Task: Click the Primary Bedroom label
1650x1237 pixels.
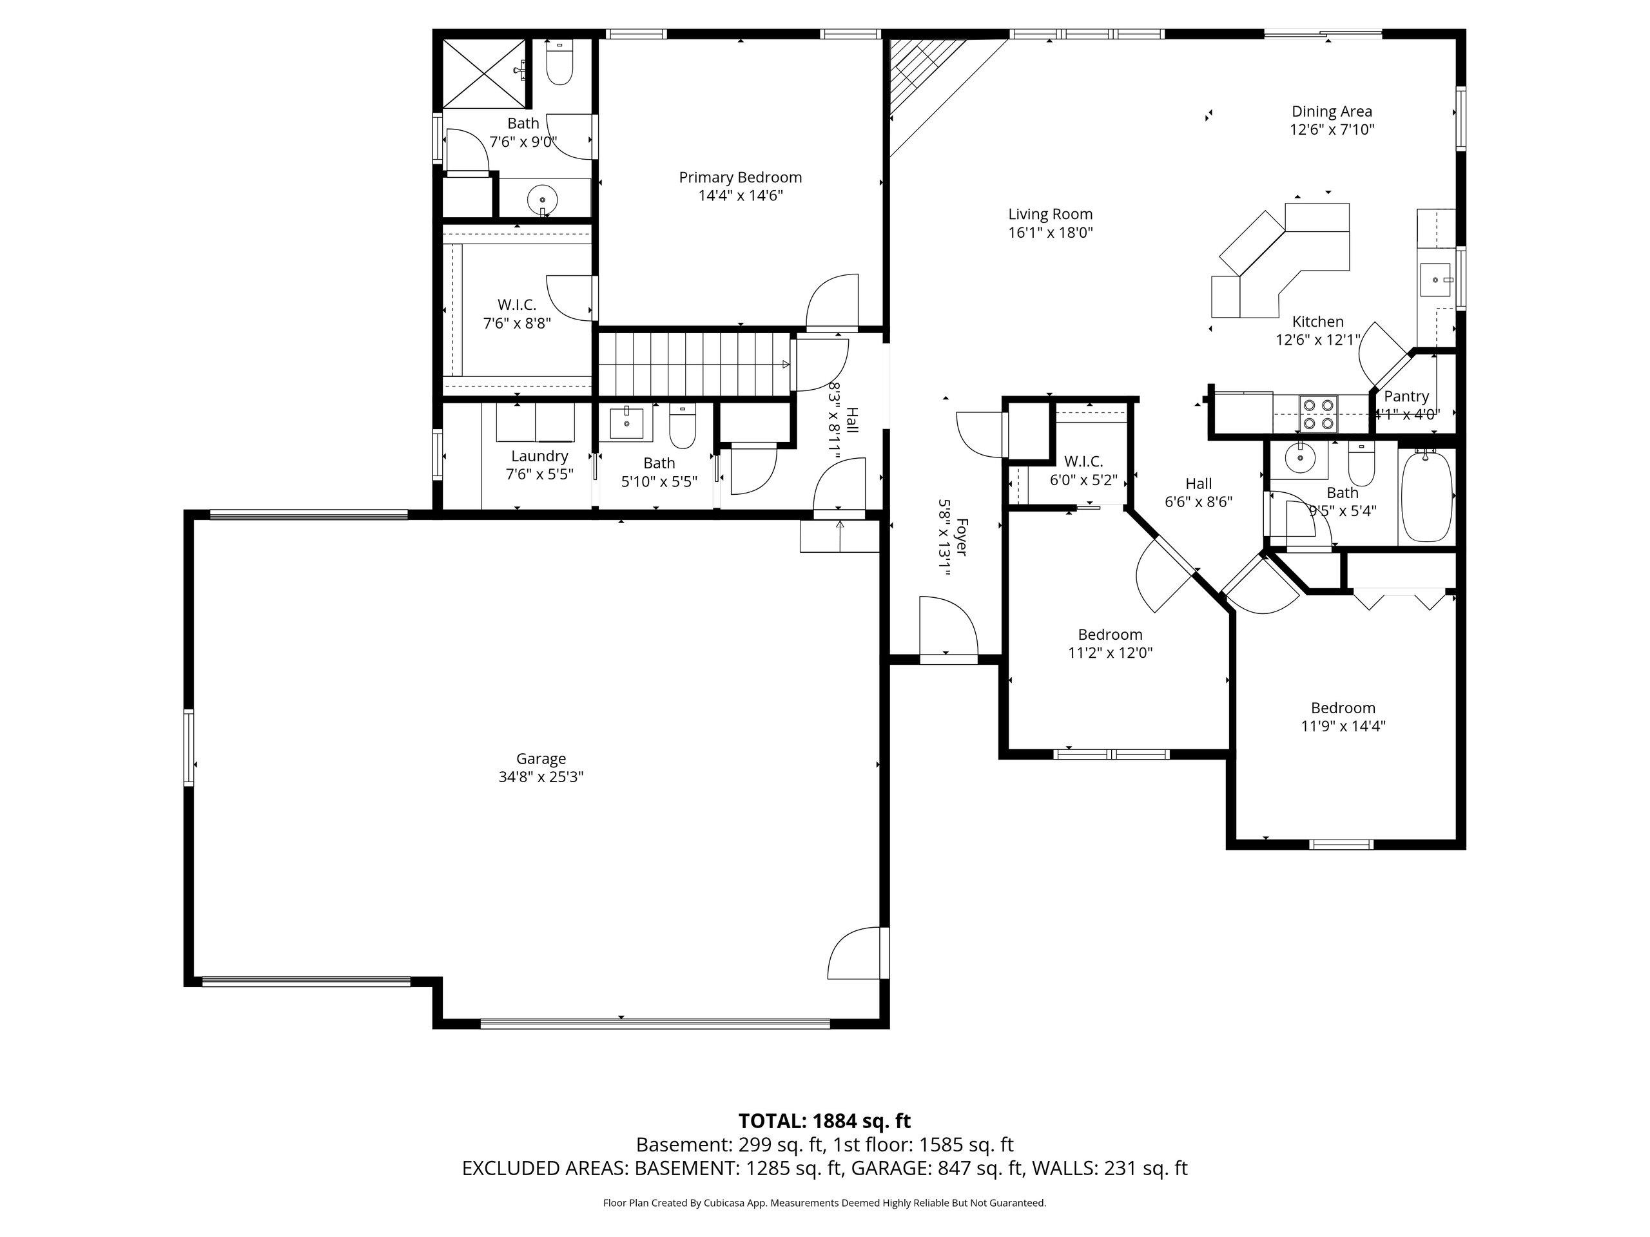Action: point(740,177)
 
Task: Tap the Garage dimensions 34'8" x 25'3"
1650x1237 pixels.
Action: point(541,777)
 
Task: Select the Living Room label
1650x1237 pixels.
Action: point(1051,215)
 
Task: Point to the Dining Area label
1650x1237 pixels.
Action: point(1332,112)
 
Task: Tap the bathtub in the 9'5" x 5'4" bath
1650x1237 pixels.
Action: point(1427,496)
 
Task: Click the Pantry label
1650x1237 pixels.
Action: point(1406,397)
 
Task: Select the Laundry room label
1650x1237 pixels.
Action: point(539,456)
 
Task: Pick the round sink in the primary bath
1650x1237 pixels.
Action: point(542,200)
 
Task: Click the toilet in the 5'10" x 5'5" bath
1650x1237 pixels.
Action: point(682,427)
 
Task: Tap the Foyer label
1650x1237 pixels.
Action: point(962,537)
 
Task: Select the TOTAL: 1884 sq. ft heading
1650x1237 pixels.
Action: point(824,1120)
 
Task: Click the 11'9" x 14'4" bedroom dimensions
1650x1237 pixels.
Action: point(1343,726)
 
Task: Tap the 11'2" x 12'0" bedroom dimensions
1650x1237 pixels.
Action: point(1110,653)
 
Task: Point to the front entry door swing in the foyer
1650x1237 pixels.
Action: point(948,626)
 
